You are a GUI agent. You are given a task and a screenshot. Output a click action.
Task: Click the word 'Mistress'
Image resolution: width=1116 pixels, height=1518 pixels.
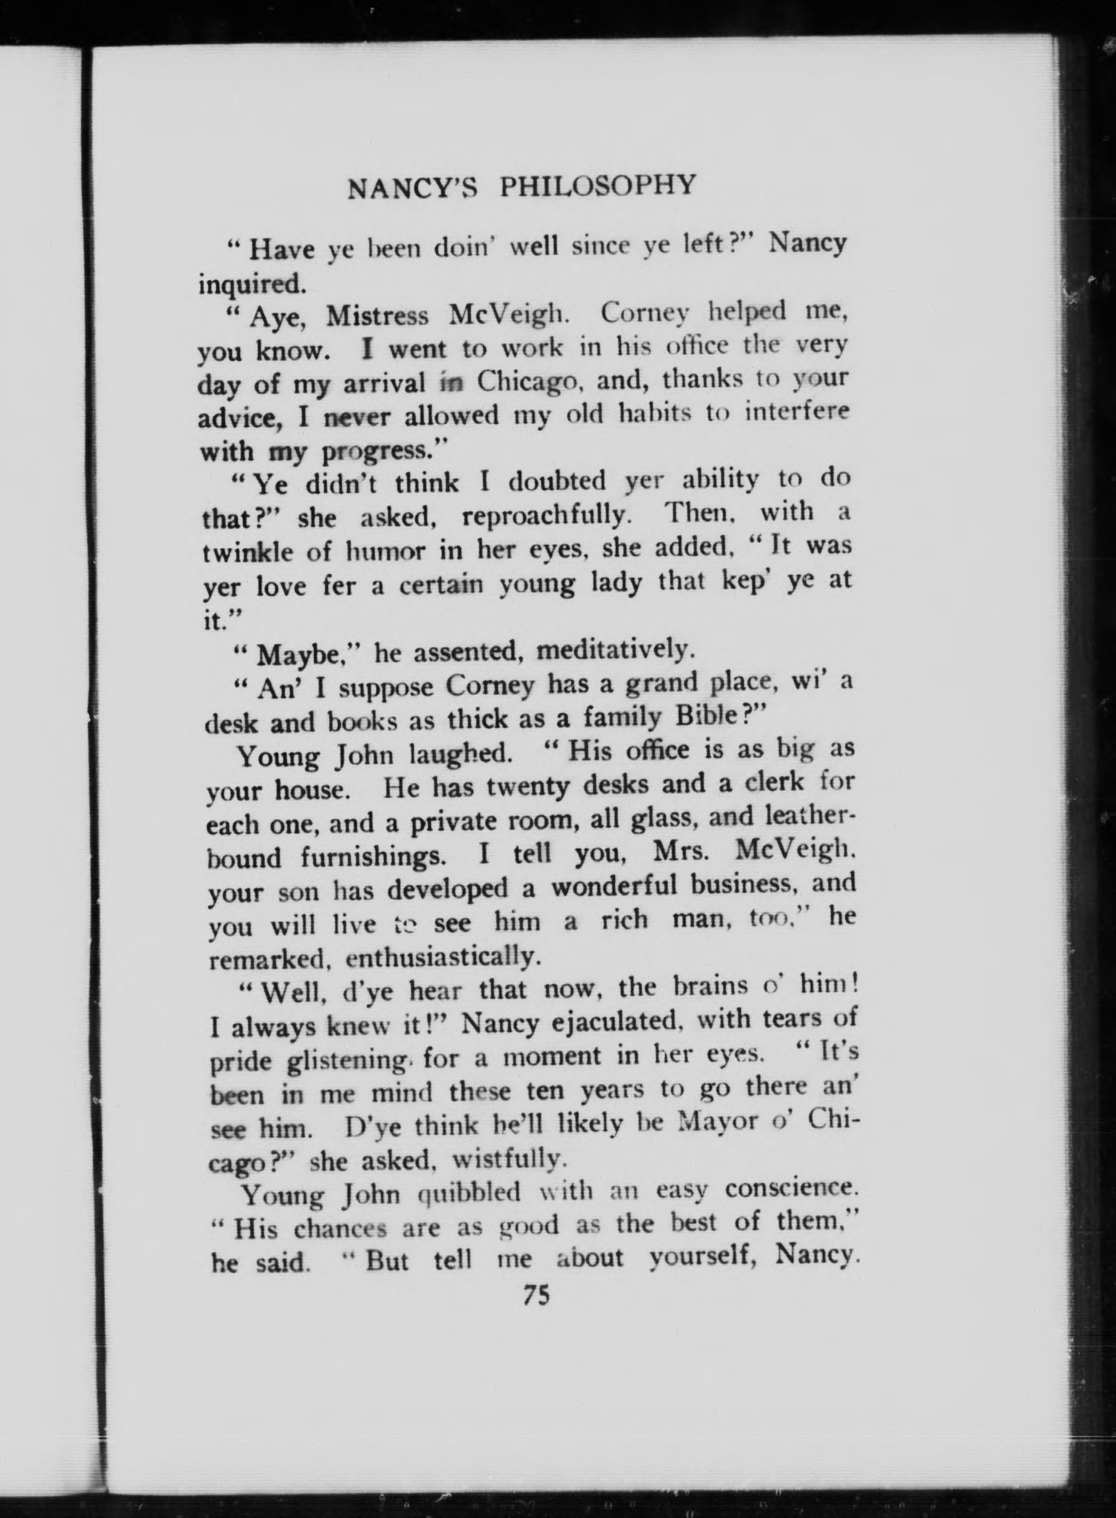(377, 316)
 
